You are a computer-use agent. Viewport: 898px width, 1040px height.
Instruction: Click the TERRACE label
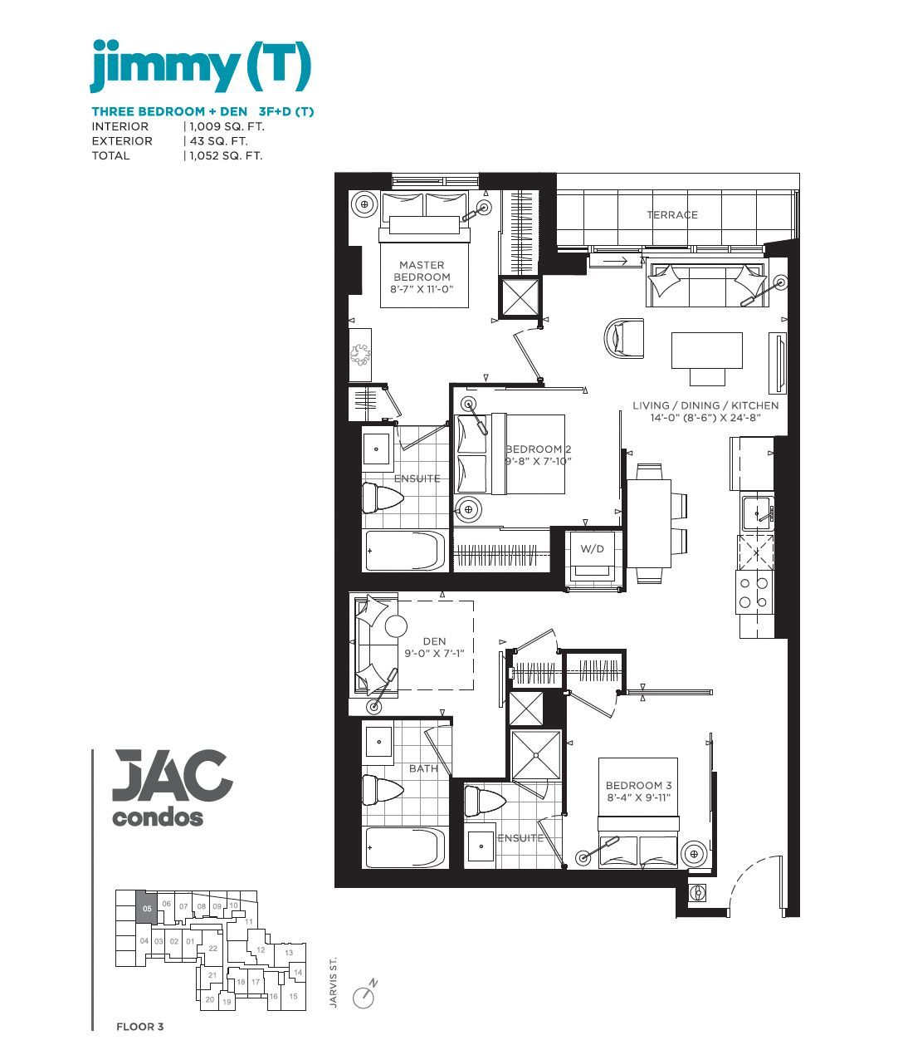pyautogui.click(x=671, y=215)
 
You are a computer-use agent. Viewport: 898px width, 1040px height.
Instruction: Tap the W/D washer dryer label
pyautogui.click(x=592, y=549)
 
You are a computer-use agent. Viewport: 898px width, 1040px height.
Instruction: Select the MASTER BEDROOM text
pyautogui.click(x=422, y=271)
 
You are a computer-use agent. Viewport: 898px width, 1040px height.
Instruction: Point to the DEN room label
pyautogui.click(x=434, y=641)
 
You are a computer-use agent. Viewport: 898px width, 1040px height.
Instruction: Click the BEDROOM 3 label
pyautogui.click(x=638, y=786)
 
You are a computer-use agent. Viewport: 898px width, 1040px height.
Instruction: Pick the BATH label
pyautogui.click(x=423, y=768)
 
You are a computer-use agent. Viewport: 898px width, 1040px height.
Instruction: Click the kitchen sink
pyautogui.click(x=757, y=513)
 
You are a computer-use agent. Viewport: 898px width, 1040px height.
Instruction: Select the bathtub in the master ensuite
pyautogui.click(x=405, y=551)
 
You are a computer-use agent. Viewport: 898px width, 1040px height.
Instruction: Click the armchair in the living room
pyautogui.click(x=624, y=339)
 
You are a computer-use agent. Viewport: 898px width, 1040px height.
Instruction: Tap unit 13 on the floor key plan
pyautogui.click(x=289, y=953)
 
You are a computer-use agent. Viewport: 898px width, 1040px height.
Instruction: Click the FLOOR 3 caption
pyautogui.click(x=139, y=1027)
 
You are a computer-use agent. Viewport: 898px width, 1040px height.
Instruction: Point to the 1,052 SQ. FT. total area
pyautogui.click(x=226, y=156)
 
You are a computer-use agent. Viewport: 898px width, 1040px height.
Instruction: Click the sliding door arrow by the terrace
pyautogui.click(x=615, y=261)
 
